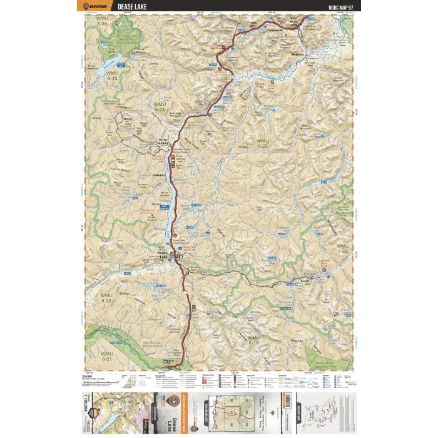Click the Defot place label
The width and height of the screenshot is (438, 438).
129,118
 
